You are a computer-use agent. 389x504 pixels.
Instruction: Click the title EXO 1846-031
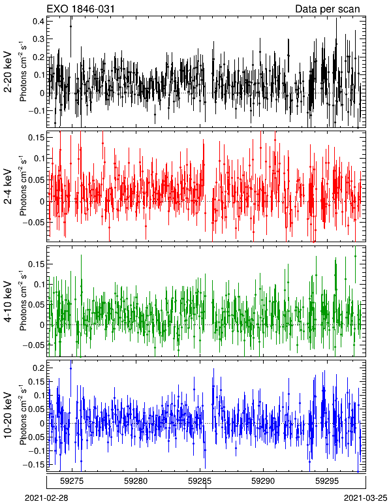tap(81, 9)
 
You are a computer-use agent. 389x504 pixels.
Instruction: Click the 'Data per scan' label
tap(328, 9)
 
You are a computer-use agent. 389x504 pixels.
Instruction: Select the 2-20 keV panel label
tap(8, 72)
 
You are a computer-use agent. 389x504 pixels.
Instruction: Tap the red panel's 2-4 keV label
tap(8, 187)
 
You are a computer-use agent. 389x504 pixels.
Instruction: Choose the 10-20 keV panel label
tap(8, 415)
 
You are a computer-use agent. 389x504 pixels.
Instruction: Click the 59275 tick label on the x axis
tap(72, 481)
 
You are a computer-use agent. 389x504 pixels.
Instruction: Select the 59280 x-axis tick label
tap(136, 481)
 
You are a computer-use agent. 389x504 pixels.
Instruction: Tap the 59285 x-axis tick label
tap(200, 481)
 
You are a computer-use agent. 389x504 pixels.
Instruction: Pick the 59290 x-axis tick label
tap(264, 481)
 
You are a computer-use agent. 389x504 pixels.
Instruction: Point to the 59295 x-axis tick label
tap(328, 481)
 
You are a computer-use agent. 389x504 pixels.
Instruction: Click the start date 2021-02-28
tap(46, 498)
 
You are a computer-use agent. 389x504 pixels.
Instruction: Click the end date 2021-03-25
tap(366, 498)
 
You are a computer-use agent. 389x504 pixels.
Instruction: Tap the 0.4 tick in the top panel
tap(39, 21)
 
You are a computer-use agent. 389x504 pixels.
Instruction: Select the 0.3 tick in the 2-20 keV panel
tap(39, 39)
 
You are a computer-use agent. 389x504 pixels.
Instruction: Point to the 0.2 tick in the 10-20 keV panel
tap(39, 368)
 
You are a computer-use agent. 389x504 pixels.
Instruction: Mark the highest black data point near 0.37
tap(70, 26)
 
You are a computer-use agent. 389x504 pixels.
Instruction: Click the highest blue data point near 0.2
tap(70, 368)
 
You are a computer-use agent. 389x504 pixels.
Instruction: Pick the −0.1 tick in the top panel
tap(36, 110)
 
